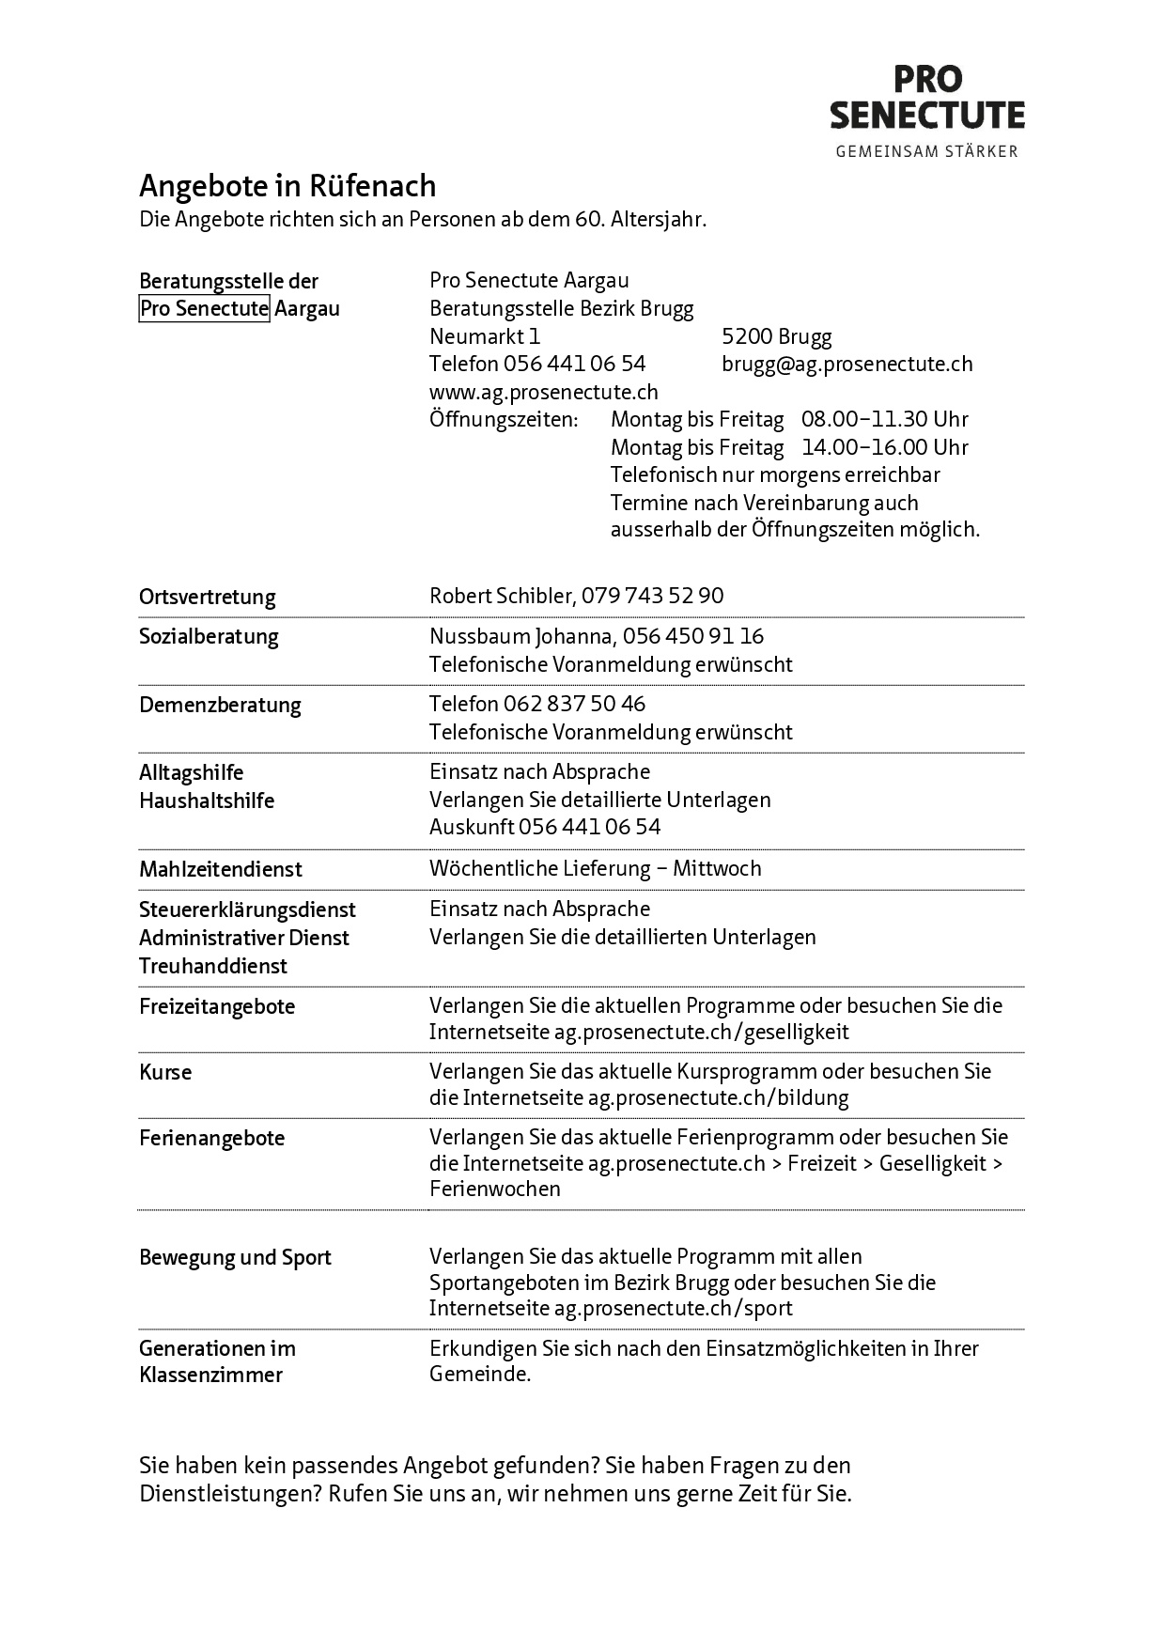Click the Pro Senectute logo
pos(926,110)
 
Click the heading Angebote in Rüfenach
pos(287,186)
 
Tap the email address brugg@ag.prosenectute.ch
pos(847,364)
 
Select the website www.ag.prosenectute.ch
pos(543,392)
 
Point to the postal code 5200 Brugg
pos(776,336)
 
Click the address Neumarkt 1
pos(485,336)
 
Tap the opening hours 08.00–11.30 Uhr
pos(884,419)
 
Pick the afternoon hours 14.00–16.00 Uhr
pos(884,447)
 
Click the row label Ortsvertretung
pos(208,597)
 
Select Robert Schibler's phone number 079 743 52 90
pos(652,596)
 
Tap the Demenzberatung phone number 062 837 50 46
pos(574,704)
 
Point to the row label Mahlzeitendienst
pos(221,869)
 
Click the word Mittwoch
pos(717,868)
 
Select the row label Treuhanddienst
pos(213,966)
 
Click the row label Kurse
pos(165,1072)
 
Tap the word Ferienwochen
pos(495,1189)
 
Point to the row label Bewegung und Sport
pos(235,1257)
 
